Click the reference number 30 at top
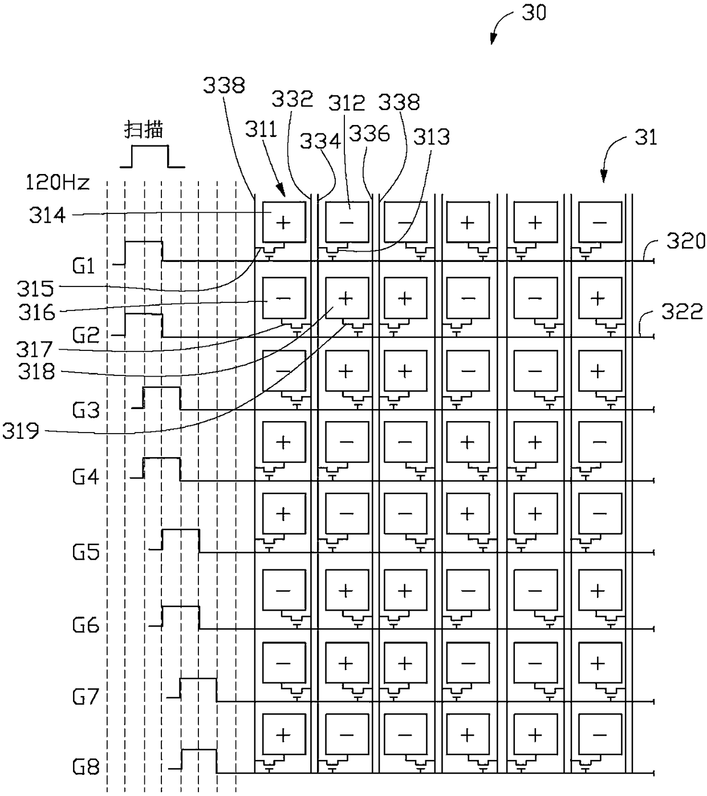[x=534, y=13]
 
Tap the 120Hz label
[x=58, y=183]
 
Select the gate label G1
[x=84, y=267]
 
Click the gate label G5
[x=86, y=552]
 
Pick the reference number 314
[x=47, y=216]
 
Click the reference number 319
[x=21, y=431]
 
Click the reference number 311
[x=261, y=130]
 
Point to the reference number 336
[x=369, y=134]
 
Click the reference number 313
[x=432, y=138]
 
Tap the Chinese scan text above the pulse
[x=144, y=130]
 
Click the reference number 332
[x=292, y=99]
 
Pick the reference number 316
[x=37, y=313]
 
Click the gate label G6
[x=86, y=625]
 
